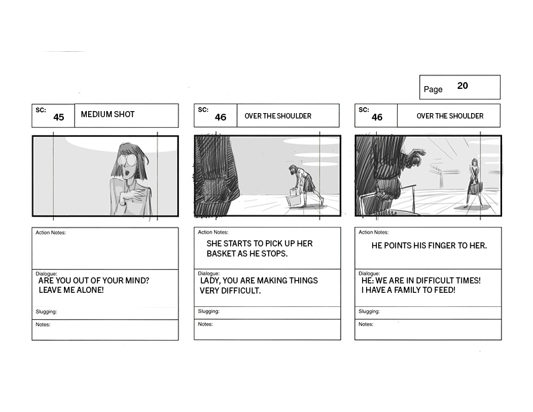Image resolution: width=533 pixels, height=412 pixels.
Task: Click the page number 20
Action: (462, 85)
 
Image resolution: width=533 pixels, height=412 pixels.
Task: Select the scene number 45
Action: (59, 117)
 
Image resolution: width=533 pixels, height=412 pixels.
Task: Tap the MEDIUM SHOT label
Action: (108, 114)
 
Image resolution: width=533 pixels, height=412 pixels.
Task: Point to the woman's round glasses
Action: (128, 160)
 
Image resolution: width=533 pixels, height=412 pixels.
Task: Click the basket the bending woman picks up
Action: (294, 198)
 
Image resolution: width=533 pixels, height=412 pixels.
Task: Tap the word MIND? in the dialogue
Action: (137, 281)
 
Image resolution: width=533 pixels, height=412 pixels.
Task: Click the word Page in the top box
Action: (433, 90)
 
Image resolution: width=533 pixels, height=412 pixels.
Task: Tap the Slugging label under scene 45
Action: (46, 312)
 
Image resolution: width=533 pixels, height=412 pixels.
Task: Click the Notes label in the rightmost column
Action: (365, 324)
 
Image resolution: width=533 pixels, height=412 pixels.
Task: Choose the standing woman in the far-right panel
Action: (474, 183)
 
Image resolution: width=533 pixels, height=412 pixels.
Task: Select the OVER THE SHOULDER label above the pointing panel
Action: (450, 116)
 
